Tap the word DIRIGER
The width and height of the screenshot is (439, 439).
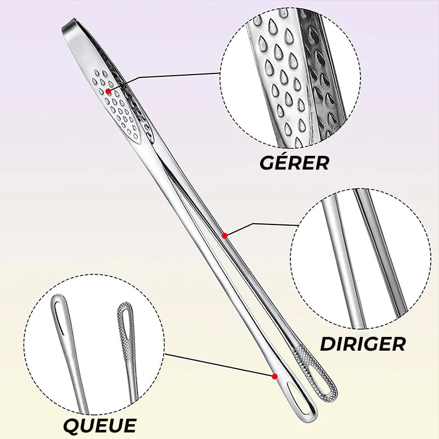[x=363, y=344]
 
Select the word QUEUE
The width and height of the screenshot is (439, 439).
[x=100, y=426]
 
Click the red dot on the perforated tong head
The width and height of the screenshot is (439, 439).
[x=108, y=91]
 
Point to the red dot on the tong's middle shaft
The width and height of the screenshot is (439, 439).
[x=224, y=236]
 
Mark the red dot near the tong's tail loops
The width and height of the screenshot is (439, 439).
[x=275, y=376]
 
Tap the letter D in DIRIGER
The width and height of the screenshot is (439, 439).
[x=328, y=344]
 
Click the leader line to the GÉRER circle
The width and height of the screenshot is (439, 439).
[x=165, y=75]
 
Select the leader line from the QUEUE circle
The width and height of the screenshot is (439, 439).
[x=219, y=365]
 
